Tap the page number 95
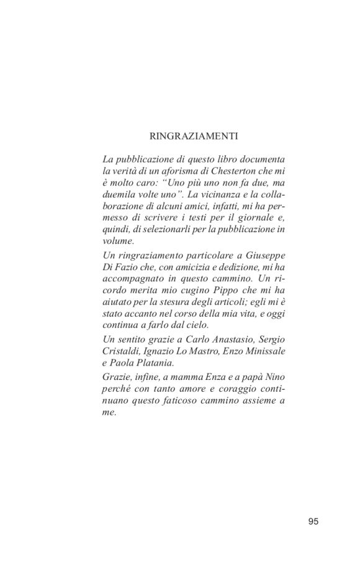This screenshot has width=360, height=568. [x=313, y=521]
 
